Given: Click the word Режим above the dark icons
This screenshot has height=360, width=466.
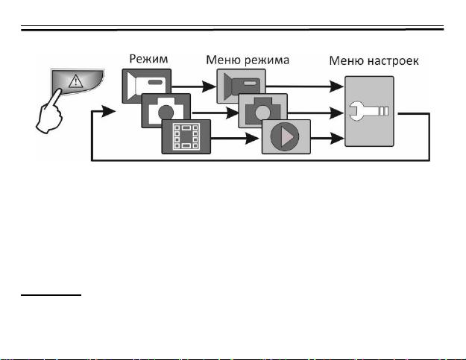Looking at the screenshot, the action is pyautogui.click(x=148, y=59).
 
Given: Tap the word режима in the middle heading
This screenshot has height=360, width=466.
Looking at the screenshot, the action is pyautogui.click(x=267, y=60).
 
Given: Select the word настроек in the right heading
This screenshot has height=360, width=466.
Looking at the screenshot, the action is pyautogui.click(x=393, y=61).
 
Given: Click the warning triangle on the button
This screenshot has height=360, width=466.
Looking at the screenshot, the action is pyautogui.click(x=76, y=81).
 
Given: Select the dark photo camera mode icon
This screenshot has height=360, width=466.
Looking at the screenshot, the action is pyautogui.click(x=166, y=110).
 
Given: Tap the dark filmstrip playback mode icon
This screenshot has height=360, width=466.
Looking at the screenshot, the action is pyautogui.click(x=186, y=136).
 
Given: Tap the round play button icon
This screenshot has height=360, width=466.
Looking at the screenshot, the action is pyautogui.click(x=285, y=136).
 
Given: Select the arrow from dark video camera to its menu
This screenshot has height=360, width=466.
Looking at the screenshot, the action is pyautogui.click(x=194, y=86).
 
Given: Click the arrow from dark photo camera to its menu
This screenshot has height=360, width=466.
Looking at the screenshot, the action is pyautogui.click(x=215, y=113).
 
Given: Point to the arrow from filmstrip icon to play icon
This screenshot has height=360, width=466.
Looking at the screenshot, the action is pyautogui.click(x=235, y=139).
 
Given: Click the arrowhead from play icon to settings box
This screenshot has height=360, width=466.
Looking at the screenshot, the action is pyautogui.click(x=337, y=139).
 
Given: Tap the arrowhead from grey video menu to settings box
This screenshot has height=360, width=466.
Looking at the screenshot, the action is pyautogui.click(x=337, y=86).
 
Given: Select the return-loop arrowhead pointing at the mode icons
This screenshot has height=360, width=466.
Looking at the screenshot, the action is pyautogui.click(x=109, y=111).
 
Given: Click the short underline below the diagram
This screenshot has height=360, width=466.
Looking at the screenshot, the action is pyautogui.click(x=51, y=295).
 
